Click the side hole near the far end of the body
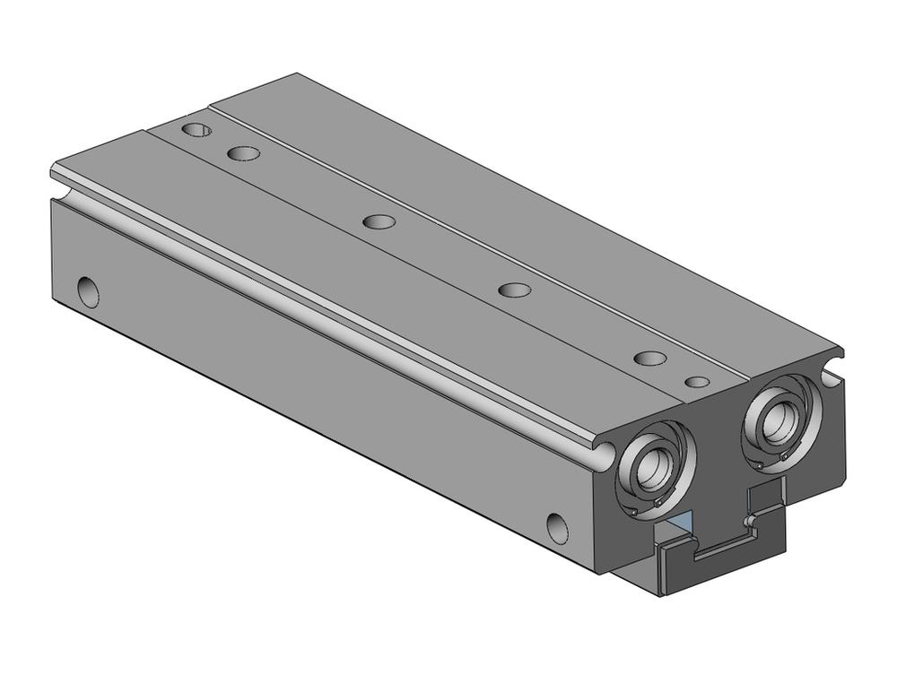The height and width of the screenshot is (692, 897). click(89, 291)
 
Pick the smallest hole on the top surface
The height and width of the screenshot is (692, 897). click(697, 382)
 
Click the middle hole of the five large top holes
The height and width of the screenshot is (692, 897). click(380, 221)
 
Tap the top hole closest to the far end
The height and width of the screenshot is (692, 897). click(196, 130)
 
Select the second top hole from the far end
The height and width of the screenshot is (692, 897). click(243, 153)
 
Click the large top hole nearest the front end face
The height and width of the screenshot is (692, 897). click(649, 358)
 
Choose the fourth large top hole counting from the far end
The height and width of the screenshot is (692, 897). click(514, 290)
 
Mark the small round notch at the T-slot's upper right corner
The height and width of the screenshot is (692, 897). click(747, 521)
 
